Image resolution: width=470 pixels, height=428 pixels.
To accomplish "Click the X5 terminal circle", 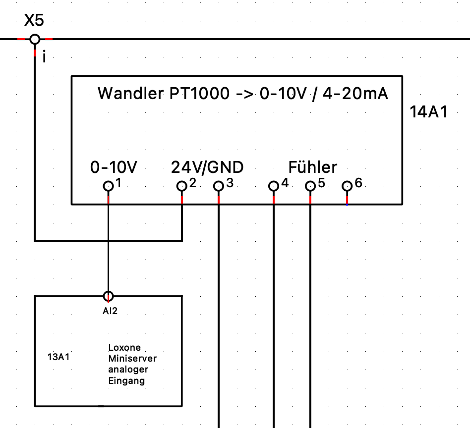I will pyautogui.click(x=35, y=39).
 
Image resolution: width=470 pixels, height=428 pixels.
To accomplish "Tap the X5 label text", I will pyautogui.click(x=34, y=21).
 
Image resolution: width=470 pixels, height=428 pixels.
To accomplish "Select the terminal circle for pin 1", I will pyautogui.click(x=108, y=186).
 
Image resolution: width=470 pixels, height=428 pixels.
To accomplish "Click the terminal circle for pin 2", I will pyautogui.click(x=181, y=186).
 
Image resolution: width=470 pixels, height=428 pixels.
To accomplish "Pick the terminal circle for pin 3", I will pyautogui.click(x=219, y=186).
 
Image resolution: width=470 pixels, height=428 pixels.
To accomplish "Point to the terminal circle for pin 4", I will pyautogui.click(x=273, y=186).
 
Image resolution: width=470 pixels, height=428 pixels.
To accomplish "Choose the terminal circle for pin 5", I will pyautogui.click(x=310, y=186).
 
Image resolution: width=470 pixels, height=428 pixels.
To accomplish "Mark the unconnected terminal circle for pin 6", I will pyautogui.click(x=347, y=186).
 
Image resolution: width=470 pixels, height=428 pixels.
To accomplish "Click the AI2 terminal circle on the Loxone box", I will pyautogui.click(x=108, y=296).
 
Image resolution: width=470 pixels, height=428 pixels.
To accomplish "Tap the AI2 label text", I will pyautogui.click(x=110, y=311).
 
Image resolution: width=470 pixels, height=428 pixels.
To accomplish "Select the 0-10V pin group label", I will pyautogui.click(x=114, y=167).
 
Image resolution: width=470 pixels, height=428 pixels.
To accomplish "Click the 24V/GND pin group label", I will pyautogui.click(x=207, y=167).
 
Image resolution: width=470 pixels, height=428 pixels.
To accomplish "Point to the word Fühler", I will pyautogui.click(x=312, y=167).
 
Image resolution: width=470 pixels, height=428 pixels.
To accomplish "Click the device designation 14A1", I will pyautogui.click(x=429, y=112).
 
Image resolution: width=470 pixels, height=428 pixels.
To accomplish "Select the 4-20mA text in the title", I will pyautogui.click(x=355, y=93).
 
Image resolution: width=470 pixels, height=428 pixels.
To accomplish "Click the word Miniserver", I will pyautogui.click(x=132, y=358).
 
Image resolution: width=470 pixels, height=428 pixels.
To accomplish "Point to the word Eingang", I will pyautogui.click(x=126, y=380).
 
